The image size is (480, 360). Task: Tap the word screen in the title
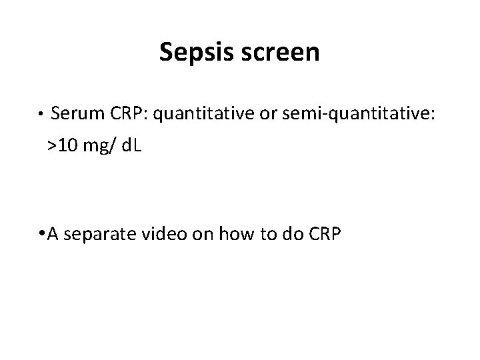click(x=282, y=52)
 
